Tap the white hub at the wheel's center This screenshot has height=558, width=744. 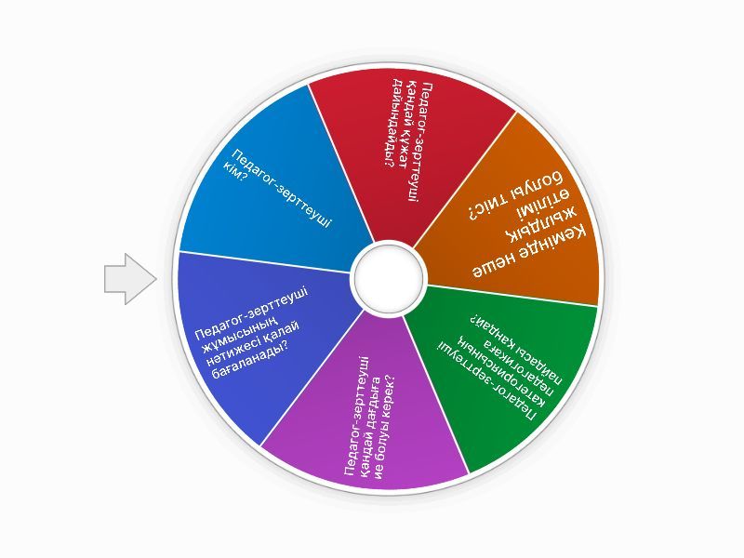pos(388,278)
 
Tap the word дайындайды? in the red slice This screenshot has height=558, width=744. pos(392,123)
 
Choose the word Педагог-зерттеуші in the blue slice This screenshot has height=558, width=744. pos(282,189)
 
